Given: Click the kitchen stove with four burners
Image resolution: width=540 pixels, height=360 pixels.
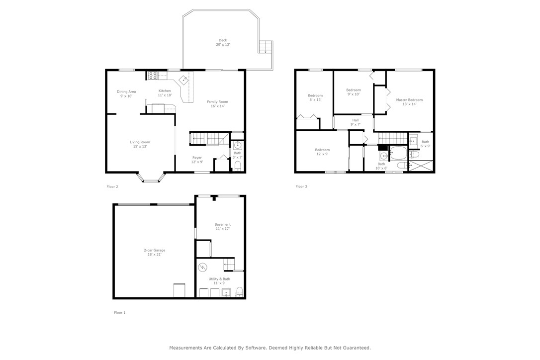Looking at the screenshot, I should [153, 76].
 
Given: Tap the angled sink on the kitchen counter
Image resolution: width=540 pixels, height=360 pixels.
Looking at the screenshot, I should [183, 79].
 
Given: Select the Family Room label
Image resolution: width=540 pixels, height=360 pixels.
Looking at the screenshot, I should [217, 102].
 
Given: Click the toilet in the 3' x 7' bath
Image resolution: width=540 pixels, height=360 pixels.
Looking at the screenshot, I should [238, 166].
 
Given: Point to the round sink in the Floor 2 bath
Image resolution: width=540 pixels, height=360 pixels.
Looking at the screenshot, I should [238, 146].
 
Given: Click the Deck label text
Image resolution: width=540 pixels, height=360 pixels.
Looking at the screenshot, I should [222, 40].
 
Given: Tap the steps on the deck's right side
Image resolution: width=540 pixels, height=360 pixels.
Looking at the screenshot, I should [266, 47].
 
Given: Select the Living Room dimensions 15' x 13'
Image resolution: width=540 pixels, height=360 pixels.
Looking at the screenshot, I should [140, 147].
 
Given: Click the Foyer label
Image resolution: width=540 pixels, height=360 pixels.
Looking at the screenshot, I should [197, 158].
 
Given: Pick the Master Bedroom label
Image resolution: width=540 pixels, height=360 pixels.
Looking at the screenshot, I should [409, 100].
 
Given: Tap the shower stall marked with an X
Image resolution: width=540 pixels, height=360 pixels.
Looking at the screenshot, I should [421, 166].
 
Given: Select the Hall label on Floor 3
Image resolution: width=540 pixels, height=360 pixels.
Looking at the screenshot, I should [355, 120].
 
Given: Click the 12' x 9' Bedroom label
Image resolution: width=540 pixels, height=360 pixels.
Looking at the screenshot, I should [322, 150].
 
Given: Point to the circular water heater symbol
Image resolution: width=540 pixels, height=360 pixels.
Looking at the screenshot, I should [202, 268].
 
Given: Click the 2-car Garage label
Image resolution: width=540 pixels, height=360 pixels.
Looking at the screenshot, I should [154, 250].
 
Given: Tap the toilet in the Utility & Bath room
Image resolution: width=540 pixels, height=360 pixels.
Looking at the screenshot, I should [239, 292].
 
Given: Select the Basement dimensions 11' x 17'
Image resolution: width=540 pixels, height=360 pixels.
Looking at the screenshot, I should [222, 229].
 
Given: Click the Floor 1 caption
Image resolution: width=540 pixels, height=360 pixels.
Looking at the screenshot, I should [120, 312].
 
